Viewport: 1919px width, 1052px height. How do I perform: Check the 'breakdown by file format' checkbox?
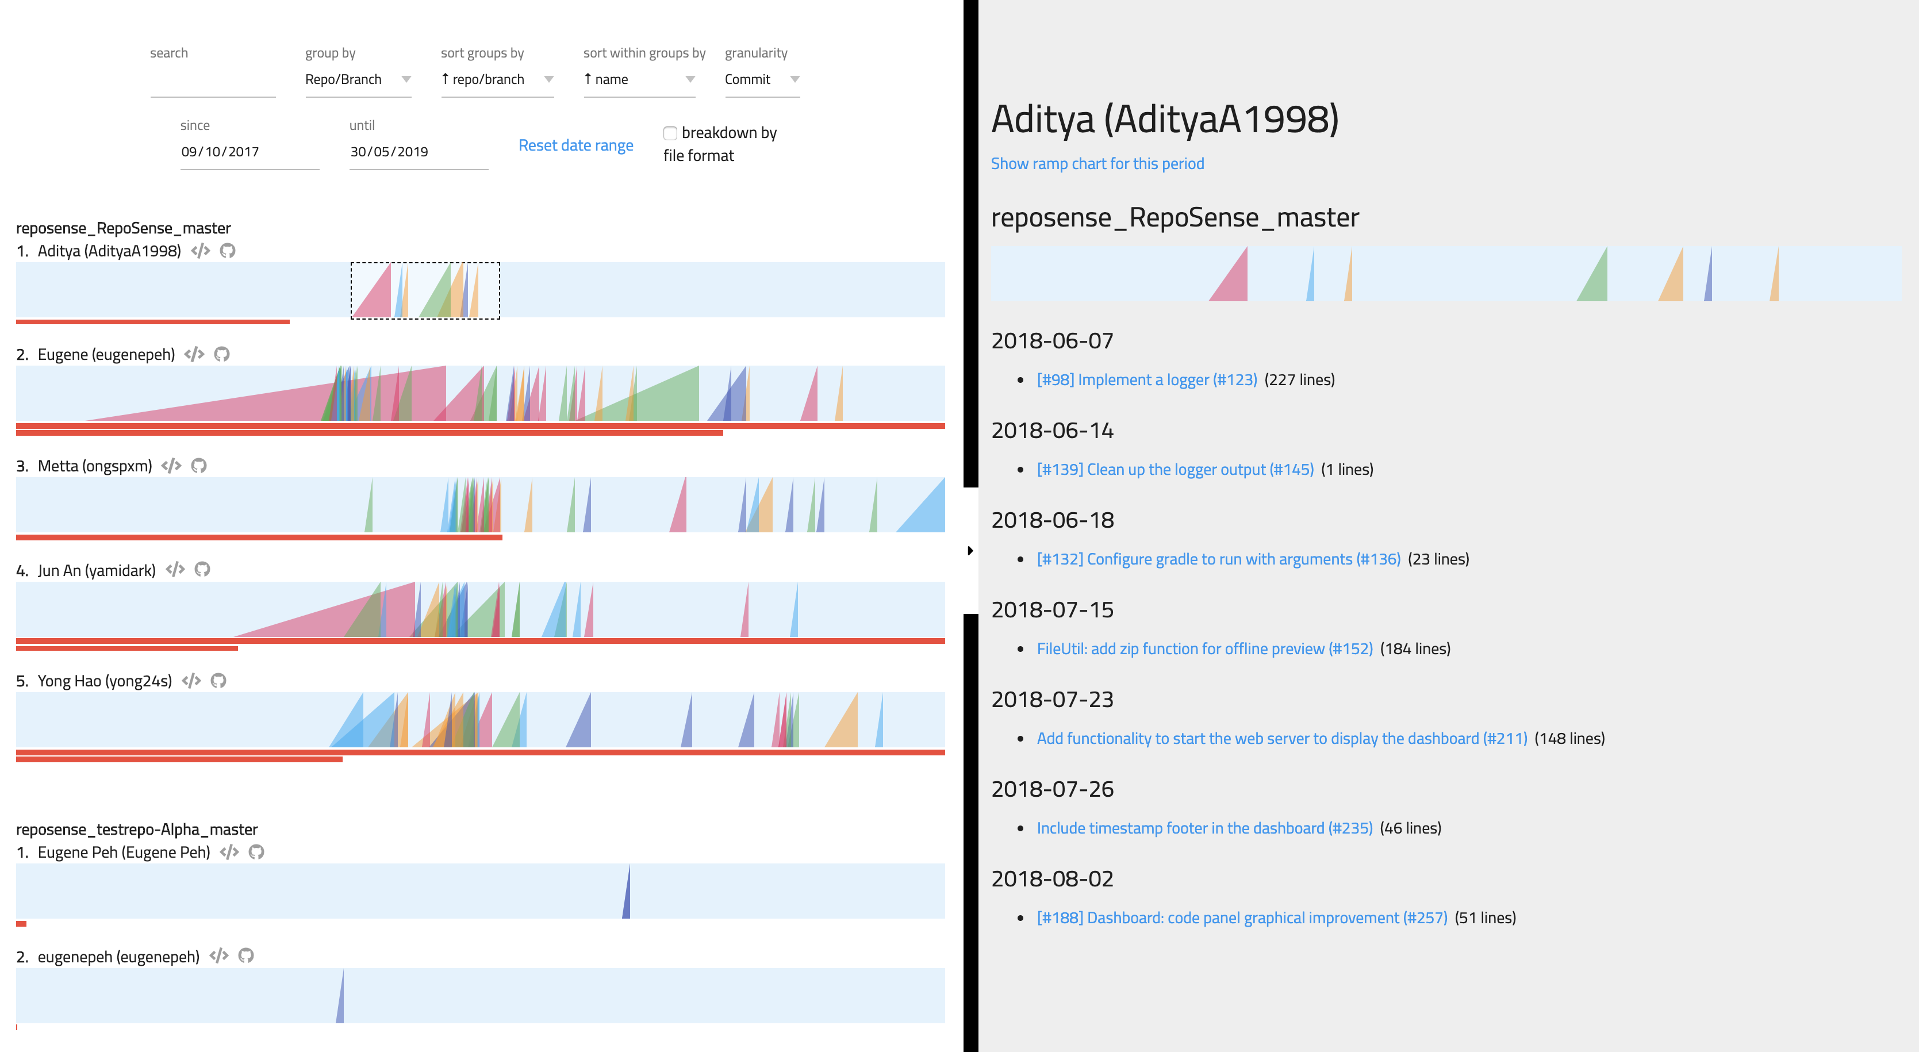pos(670,133)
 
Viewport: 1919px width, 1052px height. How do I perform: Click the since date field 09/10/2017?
pos(249,152)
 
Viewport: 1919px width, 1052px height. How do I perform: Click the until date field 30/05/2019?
pos(418,152)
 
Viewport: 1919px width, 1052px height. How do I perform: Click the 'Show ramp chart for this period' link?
pos(1096,164)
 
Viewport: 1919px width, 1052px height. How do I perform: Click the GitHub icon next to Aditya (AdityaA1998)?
pos(228,251)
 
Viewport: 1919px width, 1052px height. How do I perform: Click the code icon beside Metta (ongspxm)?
pos(171,466)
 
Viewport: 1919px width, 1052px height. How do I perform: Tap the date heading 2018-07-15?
pos(1052,610)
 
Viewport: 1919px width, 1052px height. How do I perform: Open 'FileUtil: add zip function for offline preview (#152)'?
pos(1204,649)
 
